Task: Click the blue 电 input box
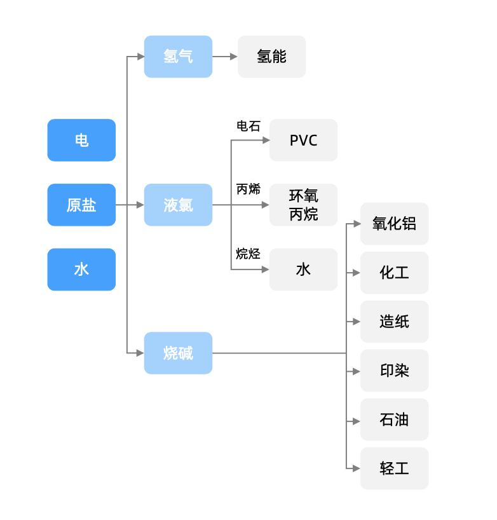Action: pos(81,140)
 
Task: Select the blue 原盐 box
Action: pos(81,205)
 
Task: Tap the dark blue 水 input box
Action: pos(81,270)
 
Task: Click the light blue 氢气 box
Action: pos(178,57)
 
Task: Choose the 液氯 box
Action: pos(178,205)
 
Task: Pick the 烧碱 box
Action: pos(178,353)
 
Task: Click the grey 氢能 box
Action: pos(271,57)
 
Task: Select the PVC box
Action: pos(303,140)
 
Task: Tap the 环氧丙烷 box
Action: pos(303,205)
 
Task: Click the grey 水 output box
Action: pos(303,270)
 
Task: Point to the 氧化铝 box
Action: pos(394,224)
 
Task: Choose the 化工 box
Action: pos(394,273)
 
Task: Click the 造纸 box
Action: pos(394,322)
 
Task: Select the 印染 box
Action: pos(394,371)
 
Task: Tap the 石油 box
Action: pos(394,420)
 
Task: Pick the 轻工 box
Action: pos(394,469)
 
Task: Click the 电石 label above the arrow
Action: pos(248,126)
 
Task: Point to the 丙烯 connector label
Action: pos(248,189)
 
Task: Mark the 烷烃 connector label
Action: pos(248,254)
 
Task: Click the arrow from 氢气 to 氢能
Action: pos(225,57)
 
